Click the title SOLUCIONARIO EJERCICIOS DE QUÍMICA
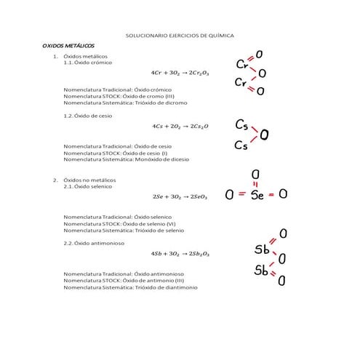pyautogui.click(x=180, y=35)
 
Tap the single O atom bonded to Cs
pyautogui.click(x=264, y=135)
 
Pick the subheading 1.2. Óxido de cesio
pyautogui.click(x=88, y=115)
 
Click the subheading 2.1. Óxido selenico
pyautogui.click(x=91, y=186)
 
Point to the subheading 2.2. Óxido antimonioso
pyautogui.click(x=96, y=243)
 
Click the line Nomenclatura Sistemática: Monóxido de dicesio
pyautogui.click(x=127, y=159)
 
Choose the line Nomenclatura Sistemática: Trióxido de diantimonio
pyautogui.click(x=130, y=287)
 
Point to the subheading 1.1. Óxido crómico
pyautogui.click(x=89, y=63)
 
